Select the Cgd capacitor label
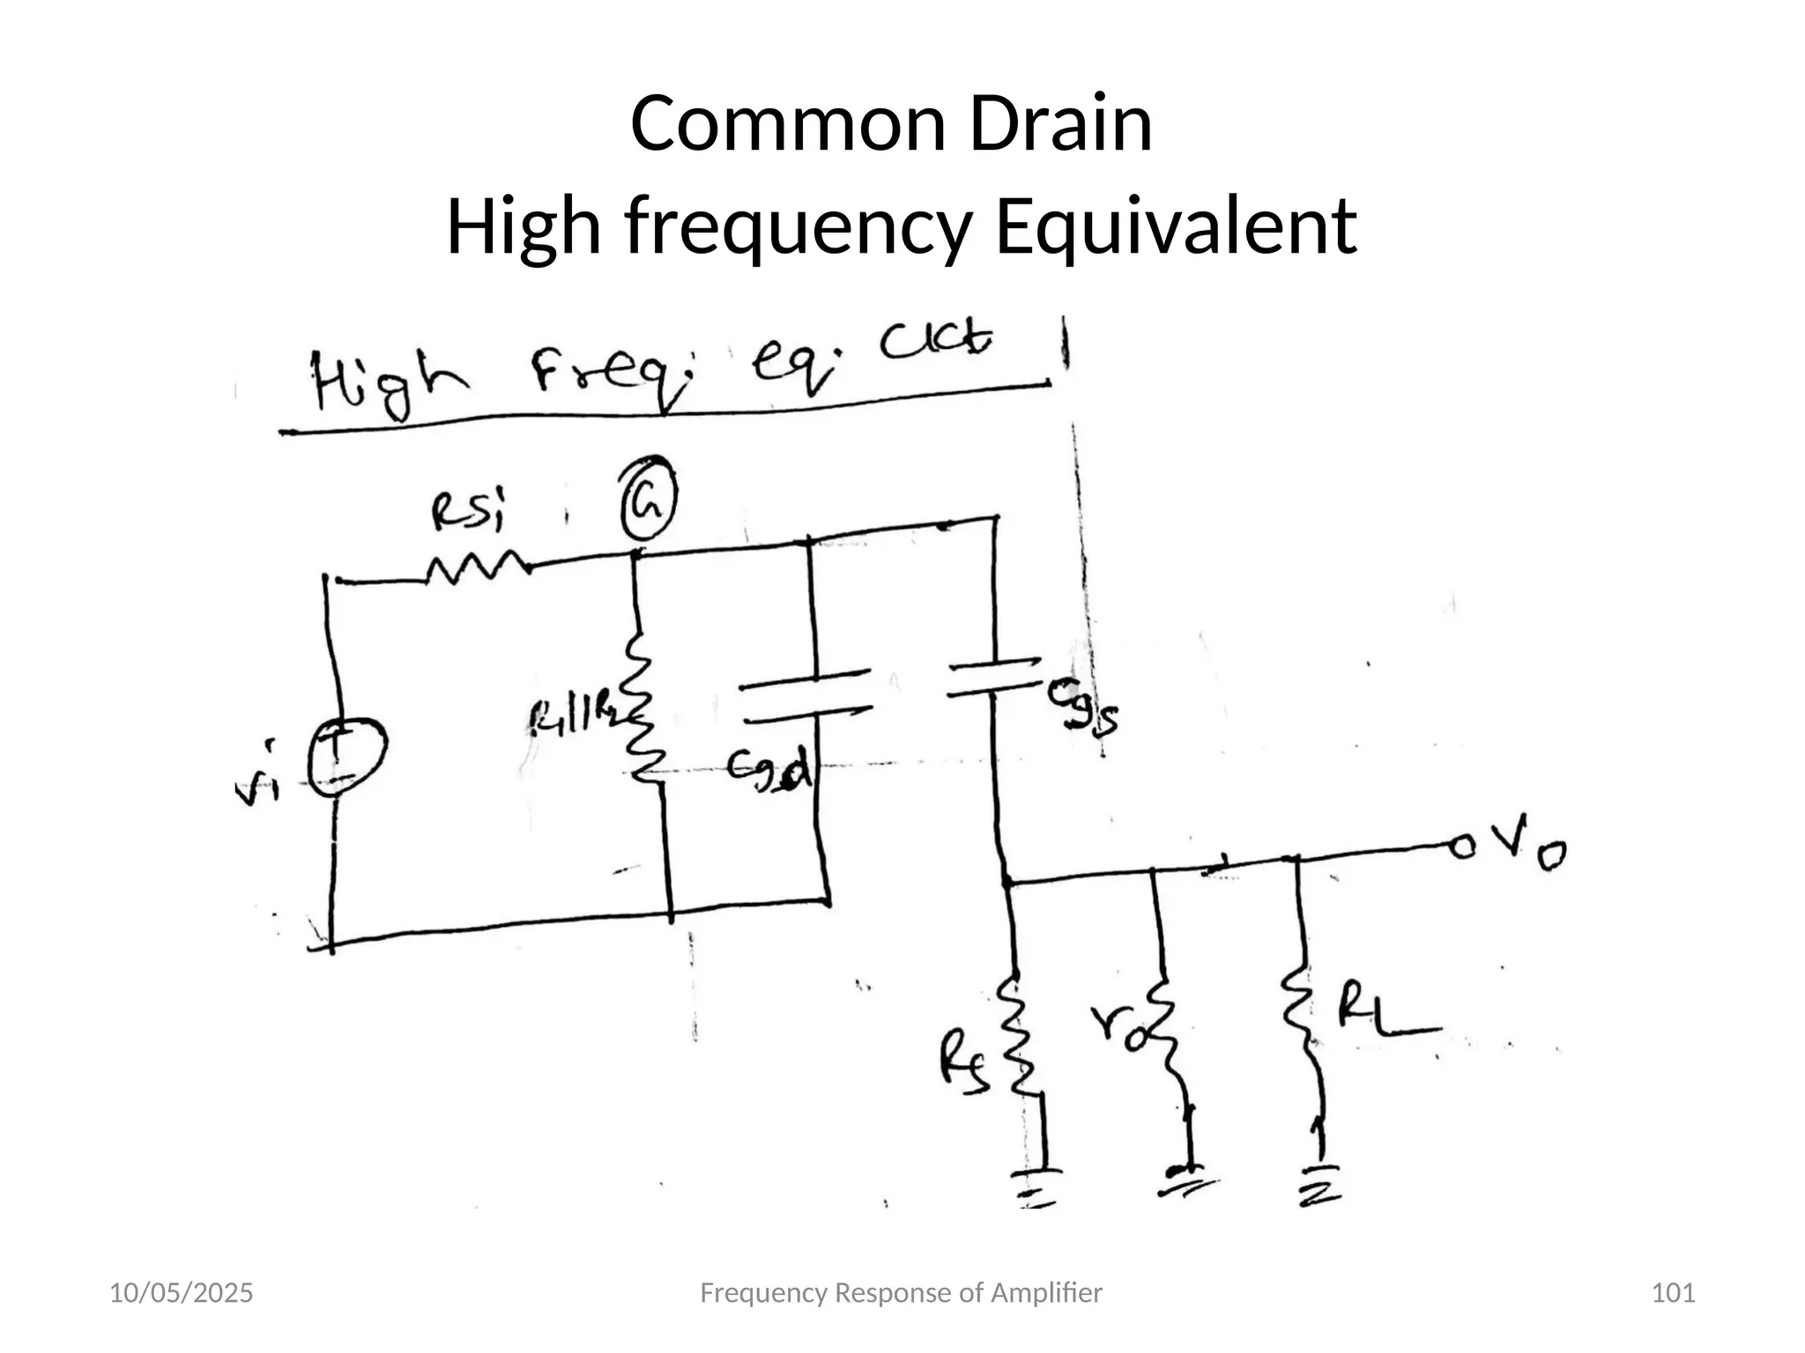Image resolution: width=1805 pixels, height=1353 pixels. [769, 772]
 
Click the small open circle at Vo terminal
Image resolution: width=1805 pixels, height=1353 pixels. [1462, 847]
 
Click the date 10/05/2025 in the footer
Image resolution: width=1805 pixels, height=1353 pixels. [181, 1293]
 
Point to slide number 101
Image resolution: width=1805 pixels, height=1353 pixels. [1672, 1293]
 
